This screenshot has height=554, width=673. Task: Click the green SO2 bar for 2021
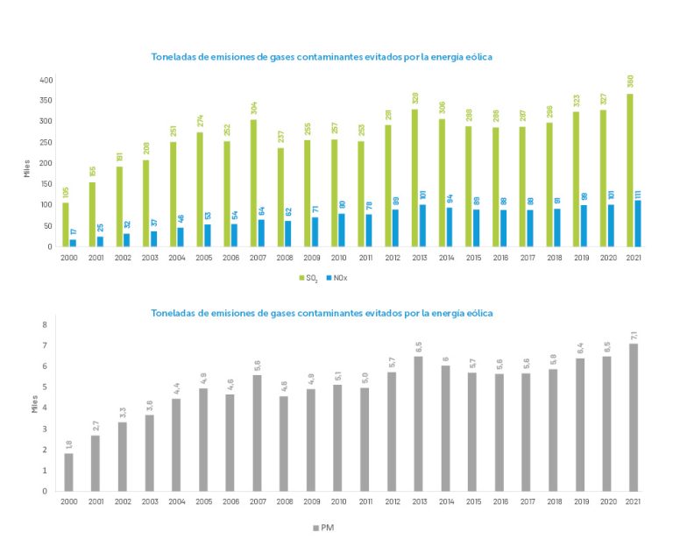[x=629, y=170]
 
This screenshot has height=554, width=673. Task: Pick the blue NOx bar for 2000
[x=73, y=243]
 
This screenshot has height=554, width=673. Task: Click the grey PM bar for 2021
[x=633, y=416]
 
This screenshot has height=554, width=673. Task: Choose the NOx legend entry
[x=338, y=278]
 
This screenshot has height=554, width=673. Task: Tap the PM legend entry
[x=322, y=528]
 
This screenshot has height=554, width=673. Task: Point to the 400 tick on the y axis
[x=46, y=80]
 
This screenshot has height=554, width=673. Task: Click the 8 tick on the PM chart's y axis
[x=45, y=324]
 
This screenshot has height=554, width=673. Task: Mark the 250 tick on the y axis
[x=46, y=143]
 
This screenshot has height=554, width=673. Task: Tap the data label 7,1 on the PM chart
[x=633, y=334]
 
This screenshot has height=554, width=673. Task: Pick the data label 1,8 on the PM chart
[x=68, y=444]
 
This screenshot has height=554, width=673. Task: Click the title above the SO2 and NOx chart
[x=322, y=57]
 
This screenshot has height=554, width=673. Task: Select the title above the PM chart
[x=322, y=312]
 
